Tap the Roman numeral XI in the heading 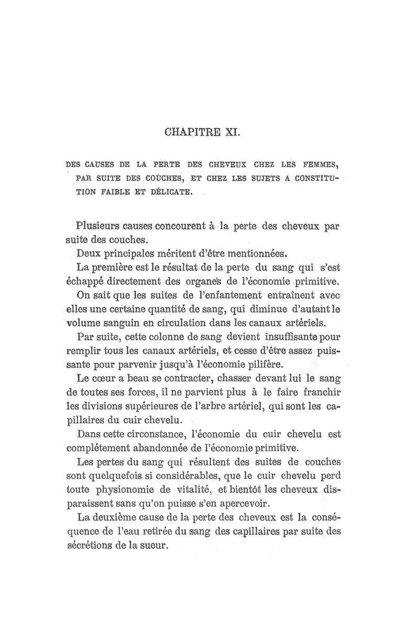click(233, 129)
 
